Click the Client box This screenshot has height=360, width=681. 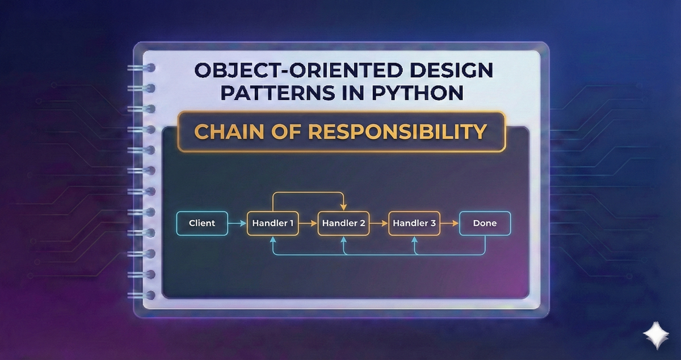[x=202, y=223]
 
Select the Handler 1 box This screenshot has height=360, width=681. [x=272, y=223]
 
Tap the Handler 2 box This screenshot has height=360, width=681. [x=343, y=223]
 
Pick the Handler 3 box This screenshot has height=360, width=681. [x=414, y=223]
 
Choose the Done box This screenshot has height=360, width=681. [x=485, y=223]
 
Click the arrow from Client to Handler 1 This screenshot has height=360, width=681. [x=237, y=224]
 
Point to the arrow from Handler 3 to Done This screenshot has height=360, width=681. [x=449, y=223]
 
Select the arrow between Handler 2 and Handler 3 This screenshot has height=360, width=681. [x=379, y=224]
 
